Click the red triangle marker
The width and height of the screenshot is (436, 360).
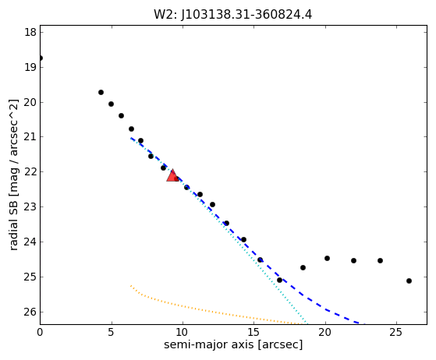172,175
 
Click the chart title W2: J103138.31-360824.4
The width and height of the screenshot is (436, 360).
233,15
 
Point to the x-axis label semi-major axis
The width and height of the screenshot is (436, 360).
208,344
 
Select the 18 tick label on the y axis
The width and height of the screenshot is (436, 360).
30,32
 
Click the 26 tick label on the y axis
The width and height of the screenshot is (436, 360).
30,312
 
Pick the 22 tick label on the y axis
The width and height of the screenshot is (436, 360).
30,172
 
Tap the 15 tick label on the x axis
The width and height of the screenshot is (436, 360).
253,332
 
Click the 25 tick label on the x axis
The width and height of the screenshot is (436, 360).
396,332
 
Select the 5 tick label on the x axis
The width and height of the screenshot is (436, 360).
112,332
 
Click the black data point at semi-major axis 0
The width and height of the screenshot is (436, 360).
41,58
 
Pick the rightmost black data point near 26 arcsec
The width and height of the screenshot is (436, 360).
409,281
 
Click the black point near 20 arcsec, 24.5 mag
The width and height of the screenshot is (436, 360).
327,259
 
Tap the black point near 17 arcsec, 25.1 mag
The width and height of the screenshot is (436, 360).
279,280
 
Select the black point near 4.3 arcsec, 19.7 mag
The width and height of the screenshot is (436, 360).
101,92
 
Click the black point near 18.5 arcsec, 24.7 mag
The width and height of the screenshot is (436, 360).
303,267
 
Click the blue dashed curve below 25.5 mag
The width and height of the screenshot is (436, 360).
336,314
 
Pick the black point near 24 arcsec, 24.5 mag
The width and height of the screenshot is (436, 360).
380,260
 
